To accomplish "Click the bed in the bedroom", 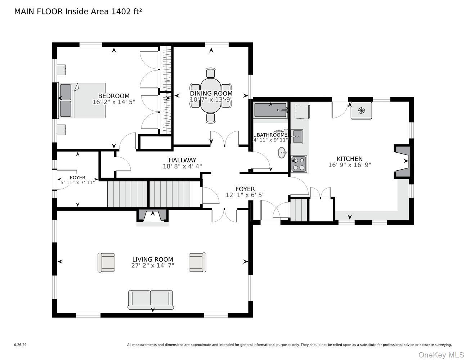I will click(x=82, y=100).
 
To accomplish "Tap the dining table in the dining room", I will click(x=211, y=95).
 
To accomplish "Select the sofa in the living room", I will click(x=151, y=300).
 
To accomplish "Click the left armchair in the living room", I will click(x=106, y=262).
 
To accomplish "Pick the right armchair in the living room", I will click(x=197, y=262).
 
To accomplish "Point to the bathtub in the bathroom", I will click(x=271, y=110).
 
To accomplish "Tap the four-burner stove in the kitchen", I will click(x=299, y=163).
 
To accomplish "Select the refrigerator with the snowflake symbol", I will click(x=361, y=111).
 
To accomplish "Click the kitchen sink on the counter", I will click(x=297, y=136).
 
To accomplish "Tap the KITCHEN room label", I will click(x=349, y=159).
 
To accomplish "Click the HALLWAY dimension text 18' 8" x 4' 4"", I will click(x=182, y=167).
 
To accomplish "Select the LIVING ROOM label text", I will click(x=152, y=259).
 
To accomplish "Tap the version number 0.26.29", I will click(x=20, y=345).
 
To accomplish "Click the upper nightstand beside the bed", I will click(x=61, y=69).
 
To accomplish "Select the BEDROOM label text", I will click(x=114, y=96).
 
